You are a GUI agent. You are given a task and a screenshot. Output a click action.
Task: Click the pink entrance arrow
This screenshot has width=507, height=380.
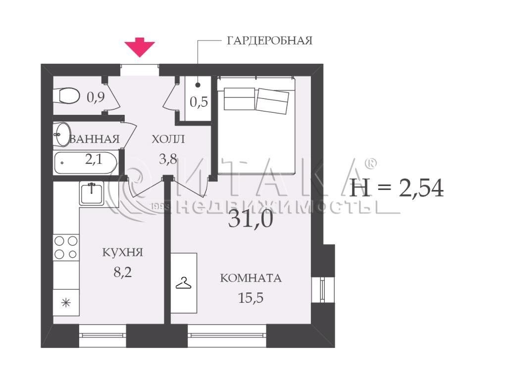tap(140, 47)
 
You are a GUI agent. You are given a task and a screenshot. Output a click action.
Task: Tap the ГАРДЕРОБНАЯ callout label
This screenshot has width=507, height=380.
tap(270, 41)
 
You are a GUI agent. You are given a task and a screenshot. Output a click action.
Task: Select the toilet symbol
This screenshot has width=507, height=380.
tap(67, 95)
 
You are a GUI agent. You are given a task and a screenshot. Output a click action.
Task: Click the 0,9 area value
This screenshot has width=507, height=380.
tap(96, 96)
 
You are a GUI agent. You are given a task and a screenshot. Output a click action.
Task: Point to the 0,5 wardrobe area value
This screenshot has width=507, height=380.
tap(199, 102)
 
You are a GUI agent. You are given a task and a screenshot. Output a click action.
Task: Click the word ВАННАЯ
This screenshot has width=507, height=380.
tap(95, 139)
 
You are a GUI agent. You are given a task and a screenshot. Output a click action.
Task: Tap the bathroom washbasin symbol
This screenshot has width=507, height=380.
tap(62, 135)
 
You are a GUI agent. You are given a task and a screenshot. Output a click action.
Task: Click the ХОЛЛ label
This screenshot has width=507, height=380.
tap(168, 139)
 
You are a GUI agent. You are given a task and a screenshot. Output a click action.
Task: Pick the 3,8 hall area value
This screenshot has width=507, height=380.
tap(168, 159)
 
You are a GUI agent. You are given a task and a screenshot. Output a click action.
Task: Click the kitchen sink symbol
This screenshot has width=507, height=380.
tap(92, 193)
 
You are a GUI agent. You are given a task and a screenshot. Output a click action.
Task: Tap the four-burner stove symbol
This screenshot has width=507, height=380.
tap(66, 247)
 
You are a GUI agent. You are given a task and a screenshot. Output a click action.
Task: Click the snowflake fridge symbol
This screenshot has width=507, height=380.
tap(66, 303)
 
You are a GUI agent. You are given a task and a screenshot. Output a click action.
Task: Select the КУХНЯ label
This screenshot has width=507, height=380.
tap(123, 252)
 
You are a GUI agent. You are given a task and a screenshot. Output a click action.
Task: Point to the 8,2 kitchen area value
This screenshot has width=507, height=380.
tap(123, 273)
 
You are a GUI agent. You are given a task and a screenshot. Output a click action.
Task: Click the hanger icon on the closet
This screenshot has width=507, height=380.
tap(183, 284)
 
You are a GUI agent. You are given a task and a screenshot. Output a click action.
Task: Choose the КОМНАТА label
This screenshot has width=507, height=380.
tap(251, 278)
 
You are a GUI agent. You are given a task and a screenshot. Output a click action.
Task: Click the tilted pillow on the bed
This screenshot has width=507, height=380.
tap(272, 101)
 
